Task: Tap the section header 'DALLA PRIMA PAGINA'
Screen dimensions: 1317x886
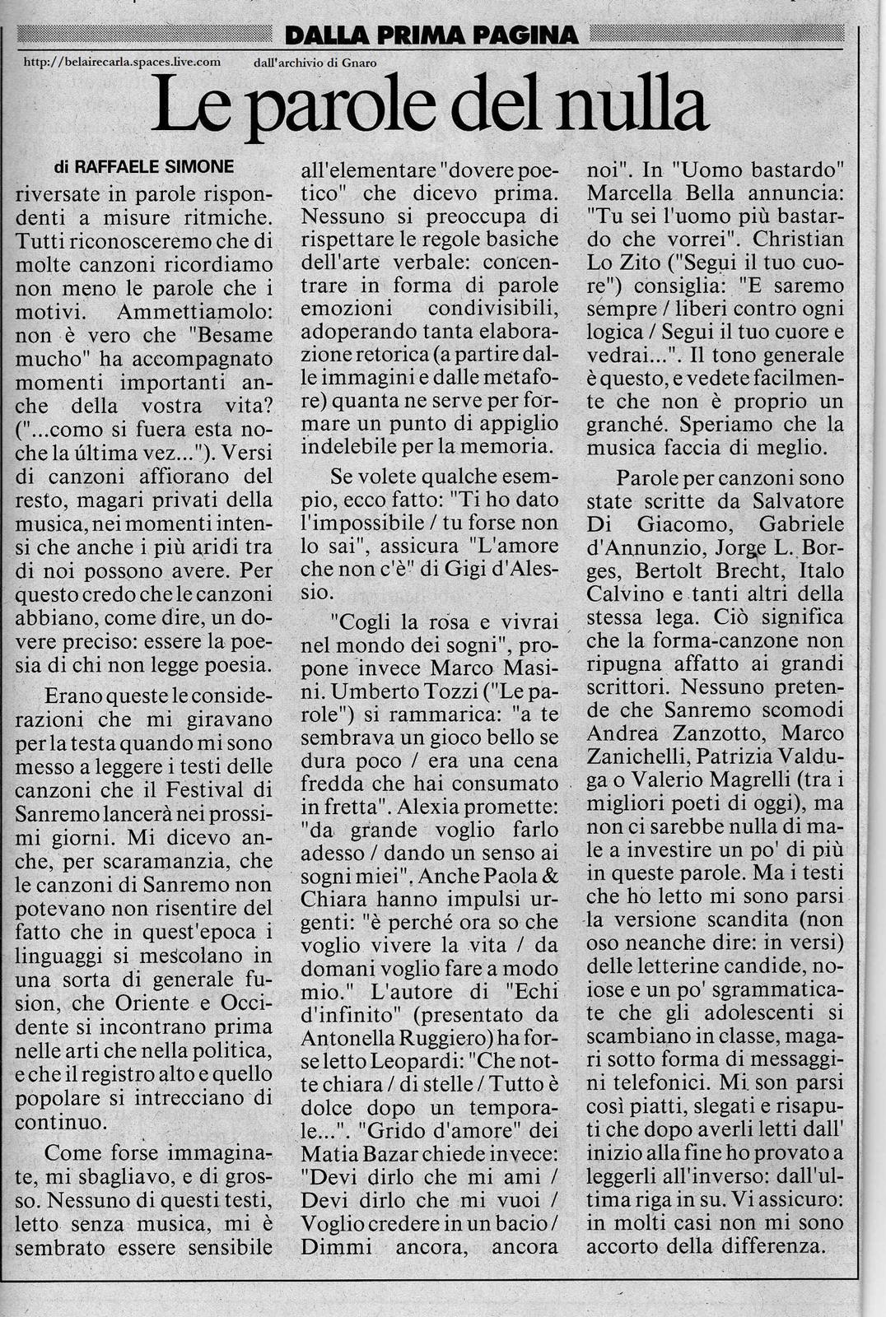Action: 431,35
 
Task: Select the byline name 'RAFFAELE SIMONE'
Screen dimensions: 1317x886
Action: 155,167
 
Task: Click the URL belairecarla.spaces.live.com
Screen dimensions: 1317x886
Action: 122,61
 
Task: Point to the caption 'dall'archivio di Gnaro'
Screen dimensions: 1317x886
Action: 315,62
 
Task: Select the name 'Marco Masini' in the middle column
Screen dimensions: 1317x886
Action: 477,668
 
